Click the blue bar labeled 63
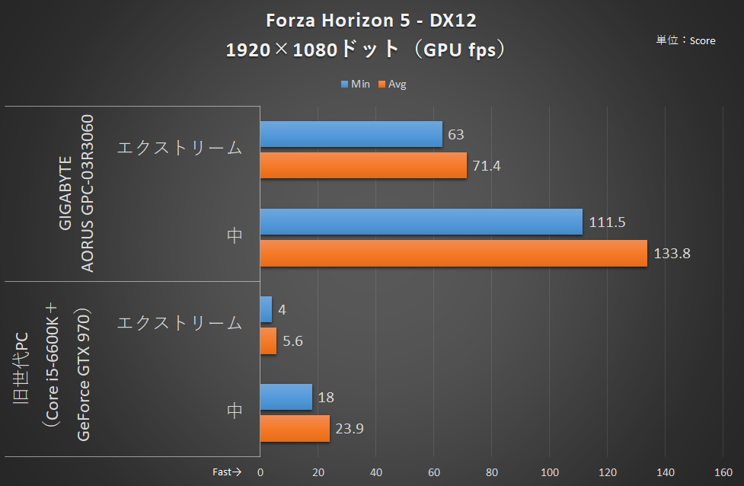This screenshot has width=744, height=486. tap(351, 134)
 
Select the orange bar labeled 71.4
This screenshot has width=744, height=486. tap(363, 165)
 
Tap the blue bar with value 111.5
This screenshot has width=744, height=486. tap(421, 222)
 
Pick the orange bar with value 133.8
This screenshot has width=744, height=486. tap(453, 253)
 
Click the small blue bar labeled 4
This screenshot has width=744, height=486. tap(266, 309)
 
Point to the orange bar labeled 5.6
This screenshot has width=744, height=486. tap(268, 341)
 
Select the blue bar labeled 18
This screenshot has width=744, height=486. tap(286, 397)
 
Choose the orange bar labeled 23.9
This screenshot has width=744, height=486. tap(295, 428)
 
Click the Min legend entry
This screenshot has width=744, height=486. tap(355, 84)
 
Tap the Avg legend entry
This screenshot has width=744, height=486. tap(393, 84)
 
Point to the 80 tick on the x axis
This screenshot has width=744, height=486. tap(492, 472)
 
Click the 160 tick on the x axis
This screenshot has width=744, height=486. tap(724, 472)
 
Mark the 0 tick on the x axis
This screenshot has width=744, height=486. tap(260, 472)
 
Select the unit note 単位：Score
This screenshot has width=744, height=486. tap(685, 40)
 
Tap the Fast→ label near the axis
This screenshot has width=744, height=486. tap(226, 472)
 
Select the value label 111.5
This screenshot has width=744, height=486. tap(608, 222)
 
